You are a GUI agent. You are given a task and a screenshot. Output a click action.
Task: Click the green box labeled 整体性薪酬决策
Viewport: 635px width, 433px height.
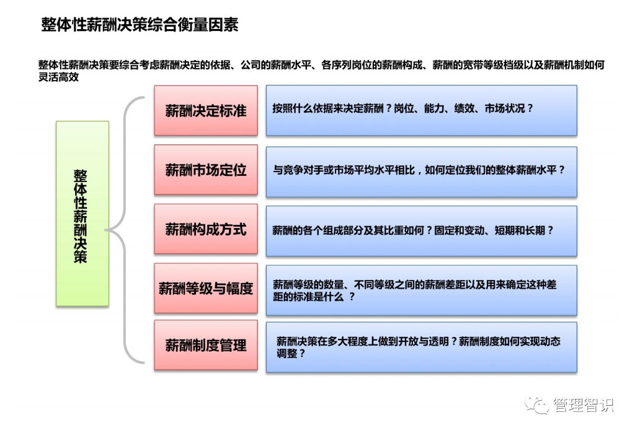click(x=82, y=214)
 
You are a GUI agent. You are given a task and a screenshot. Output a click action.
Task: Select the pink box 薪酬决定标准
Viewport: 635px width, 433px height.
click(x=206, y=110)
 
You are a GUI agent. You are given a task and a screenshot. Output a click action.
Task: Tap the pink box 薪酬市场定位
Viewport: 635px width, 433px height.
click(x=206, y=170)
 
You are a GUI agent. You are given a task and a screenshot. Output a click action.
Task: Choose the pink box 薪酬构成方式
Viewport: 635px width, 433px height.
click(x=206, y=229)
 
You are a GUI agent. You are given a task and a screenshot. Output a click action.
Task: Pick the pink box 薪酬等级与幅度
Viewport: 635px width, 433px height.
click(x=206, y=288)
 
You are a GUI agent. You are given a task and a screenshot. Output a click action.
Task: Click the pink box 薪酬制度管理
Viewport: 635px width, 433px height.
click(x=206, y=345)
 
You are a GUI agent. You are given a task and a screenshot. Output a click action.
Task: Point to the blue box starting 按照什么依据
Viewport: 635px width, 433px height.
click(x=421, y=110)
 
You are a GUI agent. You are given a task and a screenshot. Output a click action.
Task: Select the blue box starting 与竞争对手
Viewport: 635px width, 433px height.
click(x=421, y=172)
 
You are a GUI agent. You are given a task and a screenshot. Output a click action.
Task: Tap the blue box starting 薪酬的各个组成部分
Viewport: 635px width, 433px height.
click(x=421, y=230)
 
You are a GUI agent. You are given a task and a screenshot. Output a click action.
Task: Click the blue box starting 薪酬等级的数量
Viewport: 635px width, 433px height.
click(x=421, y=290)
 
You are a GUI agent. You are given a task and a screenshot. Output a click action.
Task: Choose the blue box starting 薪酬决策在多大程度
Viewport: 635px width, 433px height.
click(x=421, y=347)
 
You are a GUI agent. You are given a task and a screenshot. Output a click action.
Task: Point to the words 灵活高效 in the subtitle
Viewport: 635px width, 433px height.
click(x=59, y=78)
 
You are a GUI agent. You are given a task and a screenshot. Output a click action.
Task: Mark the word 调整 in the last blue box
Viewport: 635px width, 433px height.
click(x=287, y=354)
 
